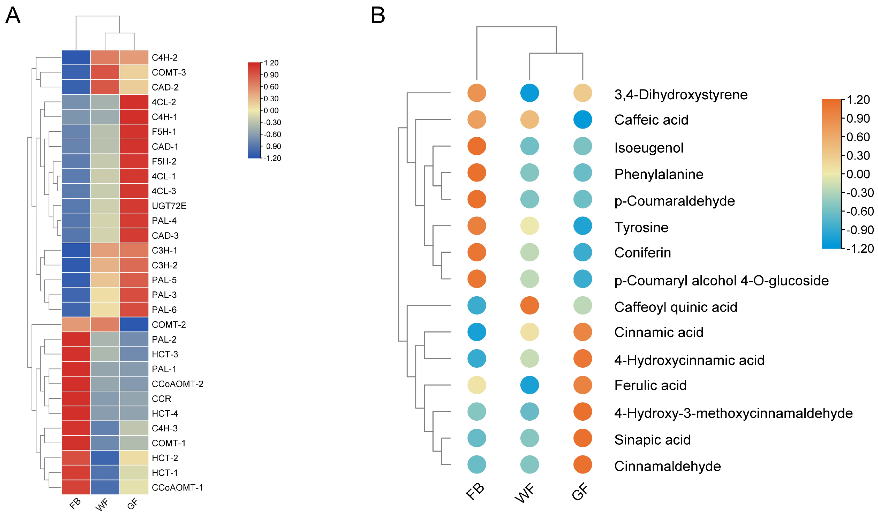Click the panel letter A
[13, 16]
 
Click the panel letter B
[378, 16]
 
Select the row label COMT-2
[169, 325]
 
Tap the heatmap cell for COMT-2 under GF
[134, 324]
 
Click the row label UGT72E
[169, 206]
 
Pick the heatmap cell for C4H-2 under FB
[76, 57]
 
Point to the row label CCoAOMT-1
[177, 487]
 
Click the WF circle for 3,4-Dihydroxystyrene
[529, 93]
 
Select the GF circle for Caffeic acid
[582, 119]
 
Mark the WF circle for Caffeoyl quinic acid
[529, 306]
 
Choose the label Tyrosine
[641, 227]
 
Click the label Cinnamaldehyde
[667, 466]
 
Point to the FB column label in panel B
[475, 492]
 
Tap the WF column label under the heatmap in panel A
[102, 504]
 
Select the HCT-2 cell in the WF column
[105, 458]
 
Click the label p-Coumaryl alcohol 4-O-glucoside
[721, 280]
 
